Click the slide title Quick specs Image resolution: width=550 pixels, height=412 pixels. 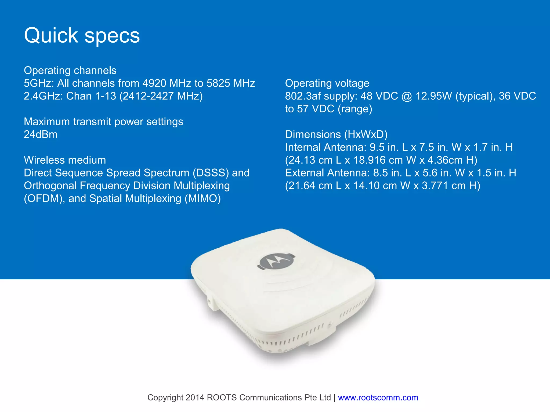[x=82, y=35]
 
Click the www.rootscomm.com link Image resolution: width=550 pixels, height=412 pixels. [x=378, y=398]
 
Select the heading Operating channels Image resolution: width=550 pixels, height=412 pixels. [x=70, y=71]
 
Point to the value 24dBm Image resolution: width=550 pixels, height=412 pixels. [x=41, y=134]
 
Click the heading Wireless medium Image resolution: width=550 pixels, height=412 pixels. [x=65, y=160]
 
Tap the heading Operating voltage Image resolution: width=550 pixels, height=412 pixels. [x=327, y=83]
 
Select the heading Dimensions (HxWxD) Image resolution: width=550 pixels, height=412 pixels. [x=336, y=134]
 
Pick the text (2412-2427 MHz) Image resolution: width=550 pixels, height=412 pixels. [x=161, y=96]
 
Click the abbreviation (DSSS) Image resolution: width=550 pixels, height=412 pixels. [x=211, y=173]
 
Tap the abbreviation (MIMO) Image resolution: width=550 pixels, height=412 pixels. [x=202, y=199]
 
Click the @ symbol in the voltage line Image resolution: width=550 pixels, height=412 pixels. [x=407, y=96]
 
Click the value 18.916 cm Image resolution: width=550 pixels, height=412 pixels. [x=378, y=160]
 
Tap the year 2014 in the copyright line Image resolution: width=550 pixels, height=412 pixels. [x=195, y=398]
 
